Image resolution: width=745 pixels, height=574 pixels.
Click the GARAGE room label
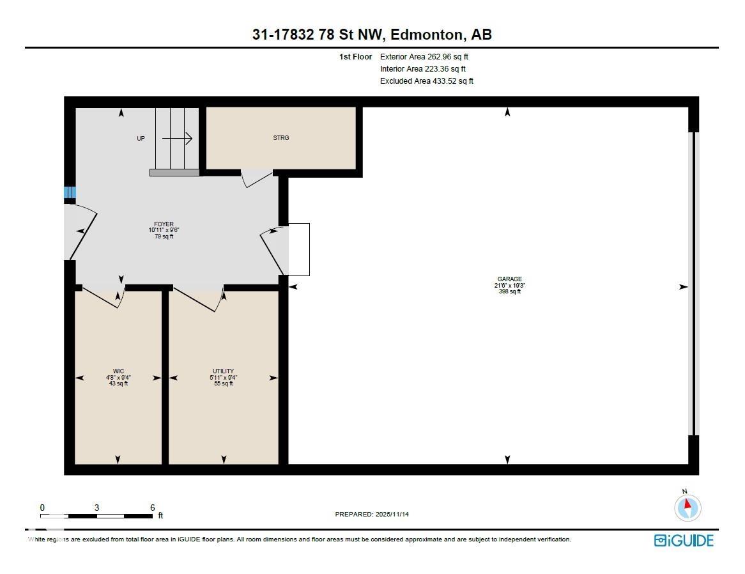[x=510, y=279]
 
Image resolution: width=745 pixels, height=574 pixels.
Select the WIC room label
[x=118, y=371]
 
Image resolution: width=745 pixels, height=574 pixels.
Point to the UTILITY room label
[x=223, y=371]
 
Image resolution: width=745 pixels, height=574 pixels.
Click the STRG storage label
[x=280, y=138]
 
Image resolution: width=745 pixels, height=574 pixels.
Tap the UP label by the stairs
[x=141, y=138]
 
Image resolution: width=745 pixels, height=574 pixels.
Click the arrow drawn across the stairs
[x=178, y=138]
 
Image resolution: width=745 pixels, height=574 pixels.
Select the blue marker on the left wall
[x=70, y=192]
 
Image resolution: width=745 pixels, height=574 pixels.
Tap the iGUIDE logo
[x=684, y=540]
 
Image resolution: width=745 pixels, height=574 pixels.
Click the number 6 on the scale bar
[x=152, y=508]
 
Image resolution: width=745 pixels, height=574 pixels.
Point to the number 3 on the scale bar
[x=96, y=508]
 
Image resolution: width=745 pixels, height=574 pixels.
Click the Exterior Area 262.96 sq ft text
[x=424, y=57]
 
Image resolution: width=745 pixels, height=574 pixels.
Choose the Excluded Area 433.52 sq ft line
[x=426, y=81]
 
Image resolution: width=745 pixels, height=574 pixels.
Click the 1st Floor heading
[x=355, y=57]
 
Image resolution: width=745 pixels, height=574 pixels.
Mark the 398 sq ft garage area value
[x=510, y=291]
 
